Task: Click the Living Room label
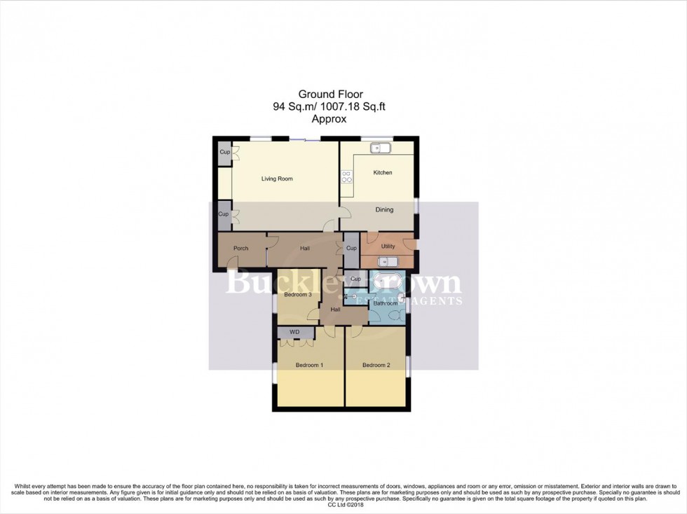click(277, 179)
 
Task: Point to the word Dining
click(384, 209)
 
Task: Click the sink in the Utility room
click(388, 262)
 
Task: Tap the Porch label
click(240, 248)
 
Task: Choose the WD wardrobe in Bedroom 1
click(294, 332)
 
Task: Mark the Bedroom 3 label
click(297, 295)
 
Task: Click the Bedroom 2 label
click(376, 365)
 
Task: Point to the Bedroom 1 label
click(309, 365)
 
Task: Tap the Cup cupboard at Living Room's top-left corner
click(224, 153)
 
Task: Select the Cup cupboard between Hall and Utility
click(351, 249)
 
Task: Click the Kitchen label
click(383, 172)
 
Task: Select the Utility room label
click(388, 246)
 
